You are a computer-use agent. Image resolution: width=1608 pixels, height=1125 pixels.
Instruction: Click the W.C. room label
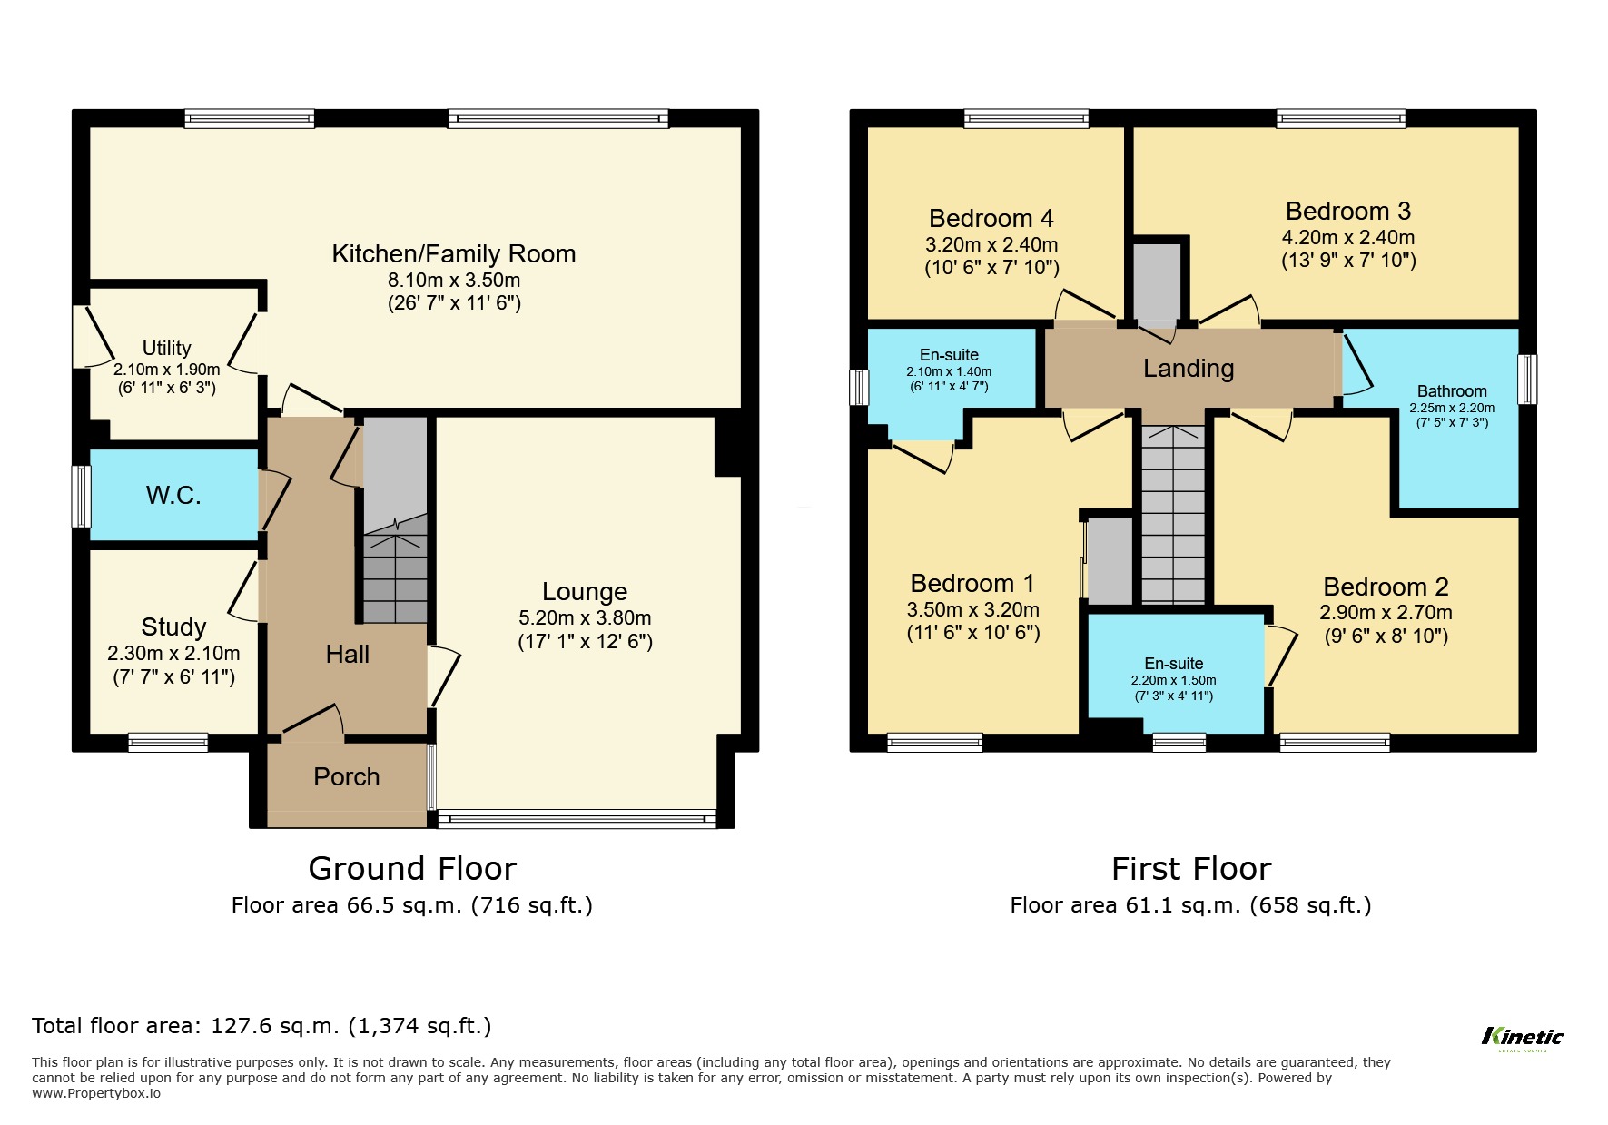pyautogui.click(x=173, y=496)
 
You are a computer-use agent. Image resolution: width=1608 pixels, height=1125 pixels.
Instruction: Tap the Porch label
pyautogui.click(x=346, y=777)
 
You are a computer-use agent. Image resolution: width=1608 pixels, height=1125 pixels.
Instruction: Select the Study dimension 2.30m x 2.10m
pyautogui.click(x=173, y=654)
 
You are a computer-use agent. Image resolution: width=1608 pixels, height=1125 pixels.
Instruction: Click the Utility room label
pyautogui.click(x=167, y=349)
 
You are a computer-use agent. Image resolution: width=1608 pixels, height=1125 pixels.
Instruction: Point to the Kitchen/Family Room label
pyautogui.click(x=453, y=254)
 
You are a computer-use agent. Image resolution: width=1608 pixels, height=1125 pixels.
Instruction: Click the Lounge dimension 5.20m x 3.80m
pyautogui.click(x=585, y=618)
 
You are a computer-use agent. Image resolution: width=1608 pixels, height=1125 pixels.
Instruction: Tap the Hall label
pyautogui.click(x=347, y=655)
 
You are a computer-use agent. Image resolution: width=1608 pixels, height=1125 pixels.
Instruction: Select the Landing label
pyautogui.click(x=1188, y=369)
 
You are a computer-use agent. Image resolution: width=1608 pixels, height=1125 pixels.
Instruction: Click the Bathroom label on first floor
pyautogui.click(x=1451, y=391)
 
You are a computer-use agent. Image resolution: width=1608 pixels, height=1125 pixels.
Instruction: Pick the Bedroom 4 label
pyautogui.click(x=991, y=219)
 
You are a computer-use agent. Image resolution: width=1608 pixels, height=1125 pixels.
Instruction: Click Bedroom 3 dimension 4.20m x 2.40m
pyautogui.click(x=1347, y=238)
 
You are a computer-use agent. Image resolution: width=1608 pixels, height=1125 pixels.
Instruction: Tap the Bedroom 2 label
pyautogui.click(x=1385, y=587)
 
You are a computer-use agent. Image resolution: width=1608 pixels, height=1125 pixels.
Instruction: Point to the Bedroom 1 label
pyautogui.click(x=972, y=584)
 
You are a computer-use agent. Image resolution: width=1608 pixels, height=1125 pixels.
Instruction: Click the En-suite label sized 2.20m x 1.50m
pyautogui.click(x=1173, y=664)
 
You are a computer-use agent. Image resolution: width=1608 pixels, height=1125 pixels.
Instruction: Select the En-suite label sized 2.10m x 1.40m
pyautogui.click(x=949, y=355)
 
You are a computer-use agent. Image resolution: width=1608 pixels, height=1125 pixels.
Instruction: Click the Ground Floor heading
pyautogui.click(x=412, y=869)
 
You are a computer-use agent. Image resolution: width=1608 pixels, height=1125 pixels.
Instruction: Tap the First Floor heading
pyautogui.click(x=1190, y=869)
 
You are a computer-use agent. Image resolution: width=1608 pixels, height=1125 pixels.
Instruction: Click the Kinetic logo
pyautogui.click(x=1522, y=1037)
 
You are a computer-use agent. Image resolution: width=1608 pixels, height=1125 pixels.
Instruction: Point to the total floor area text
pyautogui.click(x=261, y=1026)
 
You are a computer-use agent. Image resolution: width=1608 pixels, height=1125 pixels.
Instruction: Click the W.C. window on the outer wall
pyautogui.click(x=82, y=496)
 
